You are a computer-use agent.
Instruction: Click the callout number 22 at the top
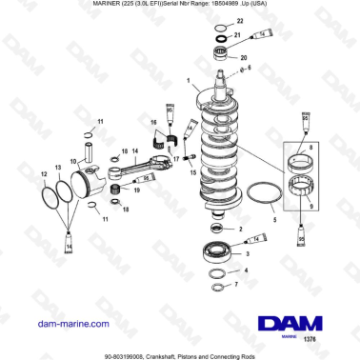click(239, 21)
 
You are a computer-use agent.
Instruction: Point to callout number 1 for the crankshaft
click(189, 81)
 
